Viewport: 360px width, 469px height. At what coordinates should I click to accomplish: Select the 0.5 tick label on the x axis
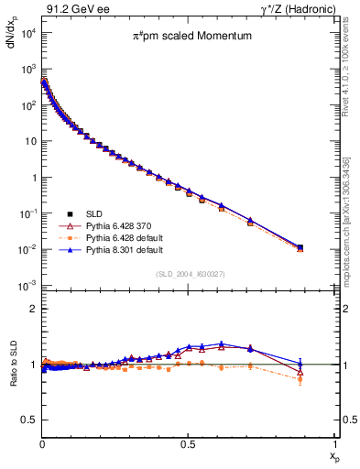point(188,442)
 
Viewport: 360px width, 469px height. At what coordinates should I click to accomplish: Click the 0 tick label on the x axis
point(42,442)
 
